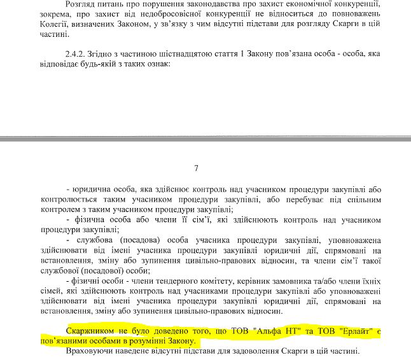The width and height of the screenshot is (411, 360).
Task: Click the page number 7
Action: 197,169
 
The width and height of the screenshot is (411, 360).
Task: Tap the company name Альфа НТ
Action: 275,331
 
